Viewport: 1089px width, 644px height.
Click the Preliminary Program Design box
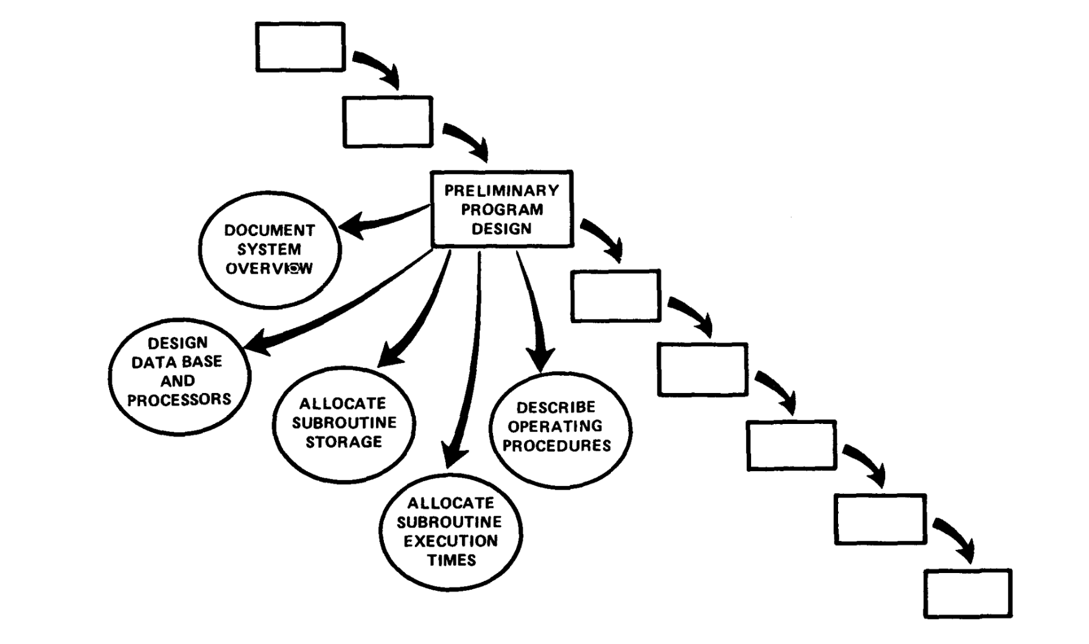pyautogui.click(x=502, y=209)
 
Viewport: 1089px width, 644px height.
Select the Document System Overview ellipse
pyautogui.click(x=269, y=249)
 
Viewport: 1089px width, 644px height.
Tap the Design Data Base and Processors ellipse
pyautogui.click(x=179, y=376)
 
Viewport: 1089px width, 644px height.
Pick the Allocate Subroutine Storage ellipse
pyautogui.click(x=344, y=423)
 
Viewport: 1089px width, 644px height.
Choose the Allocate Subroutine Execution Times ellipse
pyautogui.click(x=451, y=532)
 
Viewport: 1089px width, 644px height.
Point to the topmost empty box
pyautogui.click(x=300, y=47)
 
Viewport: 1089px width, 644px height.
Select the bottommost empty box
pyautogui.click(x=967, y=593)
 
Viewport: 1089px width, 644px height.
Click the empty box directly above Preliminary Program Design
pyautogui.click(x=387, y=122)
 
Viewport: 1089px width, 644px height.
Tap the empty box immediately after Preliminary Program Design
pyautogui.click(x=616, y=296)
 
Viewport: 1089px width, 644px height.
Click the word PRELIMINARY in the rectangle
pyautogui.click(x=502, y=191)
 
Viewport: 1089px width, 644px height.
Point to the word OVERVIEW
pyautogui.click(x=269, y=269)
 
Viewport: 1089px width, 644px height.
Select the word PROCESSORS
pyautogui.click(x=179, y=400)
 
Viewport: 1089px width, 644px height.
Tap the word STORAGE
pyautogui.click(x=344, y=442)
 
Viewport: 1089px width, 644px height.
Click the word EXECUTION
pyautogui.click(x=451, y=541)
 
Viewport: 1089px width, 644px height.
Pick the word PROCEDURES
pyautogui.click(x=557, y=446)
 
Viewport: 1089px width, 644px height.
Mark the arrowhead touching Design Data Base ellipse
pyautogui.click(x=255, y=344)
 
